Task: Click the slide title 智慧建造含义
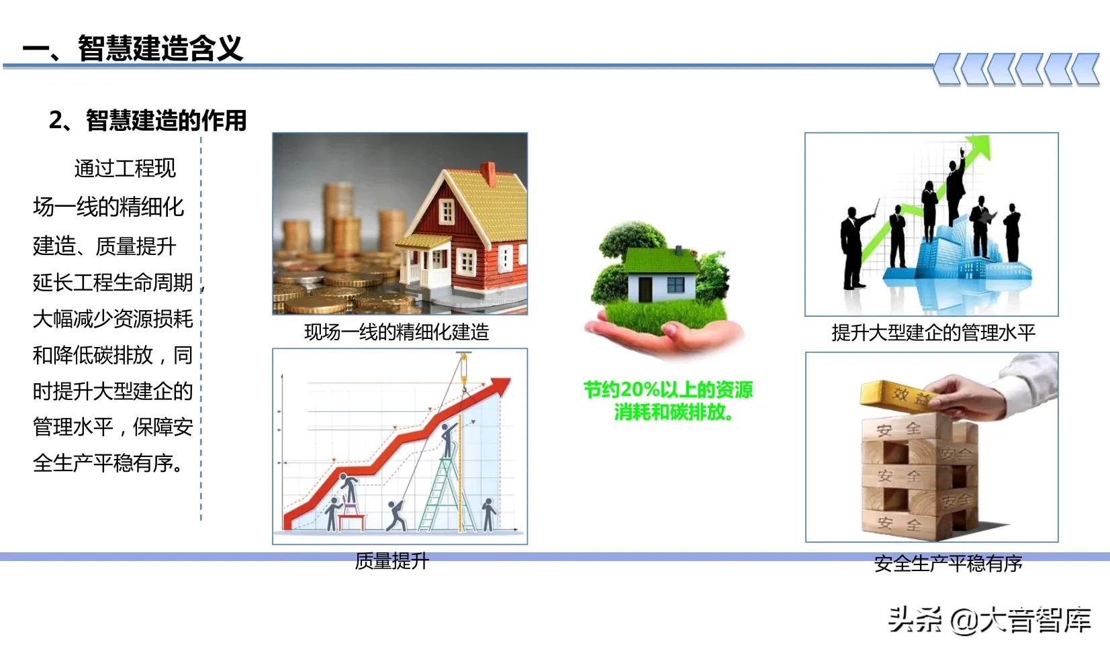click(160, 48)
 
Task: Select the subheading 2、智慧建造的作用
click(148, 121)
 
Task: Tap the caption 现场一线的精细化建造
click(396, 332)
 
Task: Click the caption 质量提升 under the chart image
click(391, 561)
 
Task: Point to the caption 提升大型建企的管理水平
click(933, 333)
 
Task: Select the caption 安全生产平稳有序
click(948, 564)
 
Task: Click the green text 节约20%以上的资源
click(668, 390)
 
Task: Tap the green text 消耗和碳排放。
click(674, 412)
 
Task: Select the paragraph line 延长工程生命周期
click(113, 283)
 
